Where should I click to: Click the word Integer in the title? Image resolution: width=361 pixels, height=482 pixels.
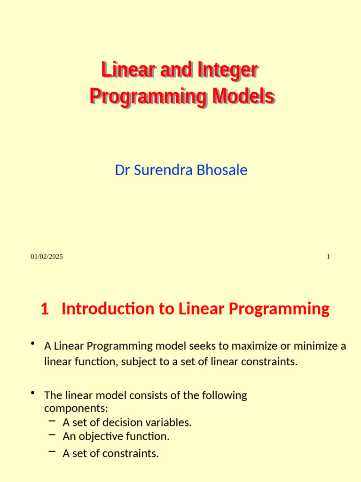pyautogui.click(x=228, y=71)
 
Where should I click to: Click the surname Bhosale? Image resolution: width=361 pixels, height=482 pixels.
pyautogui.click(x=222, y=170)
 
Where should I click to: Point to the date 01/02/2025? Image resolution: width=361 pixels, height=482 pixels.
pyautogui.click(x=47, y=257)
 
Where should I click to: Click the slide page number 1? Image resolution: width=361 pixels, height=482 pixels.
pyautogui.click(x=328, y=257)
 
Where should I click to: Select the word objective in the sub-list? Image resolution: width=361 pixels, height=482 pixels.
pyautogui.click(x=101, y=436)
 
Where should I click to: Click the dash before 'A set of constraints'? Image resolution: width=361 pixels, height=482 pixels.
pyautogui.click(x=52, y=452)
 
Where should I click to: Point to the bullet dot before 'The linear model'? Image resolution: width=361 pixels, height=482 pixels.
pyautogui.click(x=32, y=393)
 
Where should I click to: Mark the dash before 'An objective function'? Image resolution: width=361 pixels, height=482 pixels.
pyautogui.click(x=52, y=435)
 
